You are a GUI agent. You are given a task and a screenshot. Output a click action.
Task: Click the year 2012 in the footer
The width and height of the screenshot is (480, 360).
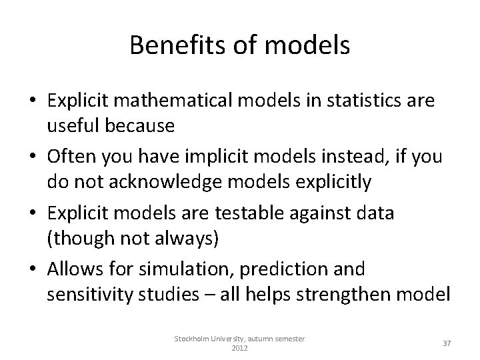point(239,349)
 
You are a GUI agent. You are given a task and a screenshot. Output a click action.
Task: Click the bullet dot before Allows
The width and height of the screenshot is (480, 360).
point(32,270)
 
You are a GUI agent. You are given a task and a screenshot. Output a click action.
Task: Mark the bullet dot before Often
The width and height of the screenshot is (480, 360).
point(32,158)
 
